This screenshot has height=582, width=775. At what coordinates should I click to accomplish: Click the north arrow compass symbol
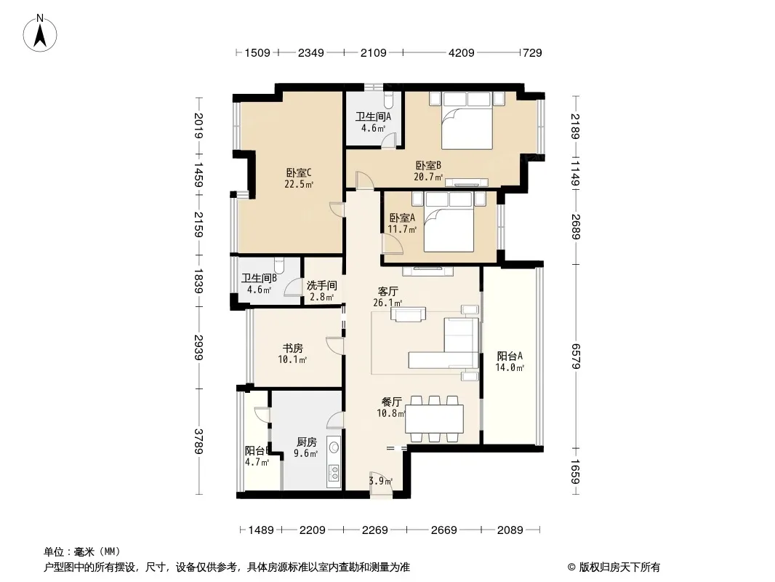point(40,33)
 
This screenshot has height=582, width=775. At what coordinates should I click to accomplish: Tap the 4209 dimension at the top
point(461,52)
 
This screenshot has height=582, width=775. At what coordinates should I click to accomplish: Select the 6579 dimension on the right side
point(575,356)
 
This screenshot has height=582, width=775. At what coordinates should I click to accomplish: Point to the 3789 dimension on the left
point(198,441)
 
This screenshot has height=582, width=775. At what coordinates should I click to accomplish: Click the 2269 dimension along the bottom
point(374,530)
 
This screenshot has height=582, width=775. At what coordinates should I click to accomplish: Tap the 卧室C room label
point(299,173)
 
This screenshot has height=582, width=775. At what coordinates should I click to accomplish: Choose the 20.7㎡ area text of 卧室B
point(428,177)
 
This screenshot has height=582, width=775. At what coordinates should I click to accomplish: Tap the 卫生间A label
point(373,116)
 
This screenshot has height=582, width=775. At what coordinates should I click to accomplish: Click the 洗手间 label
point(322,285)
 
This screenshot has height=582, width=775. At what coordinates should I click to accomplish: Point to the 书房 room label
point(292,348)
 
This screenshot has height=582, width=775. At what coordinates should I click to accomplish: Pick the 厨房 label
point(307,442)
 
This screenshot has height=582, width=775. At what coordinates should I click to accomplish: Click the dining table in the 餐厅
point(435,418)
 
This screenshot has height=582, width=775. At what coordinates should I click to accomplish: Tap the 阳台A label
point(510,356)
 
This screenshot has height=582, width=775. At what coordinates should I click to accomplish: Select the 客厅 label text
point(388,291)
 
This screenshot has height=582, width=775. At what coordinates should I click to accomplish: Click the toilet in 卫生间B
point(279,265)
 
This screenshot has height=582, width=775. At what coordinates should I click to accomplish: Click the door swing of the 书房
point(334,345)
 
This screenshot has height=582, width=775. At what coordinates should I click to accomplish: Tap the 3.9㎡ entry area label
point(381,481)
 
